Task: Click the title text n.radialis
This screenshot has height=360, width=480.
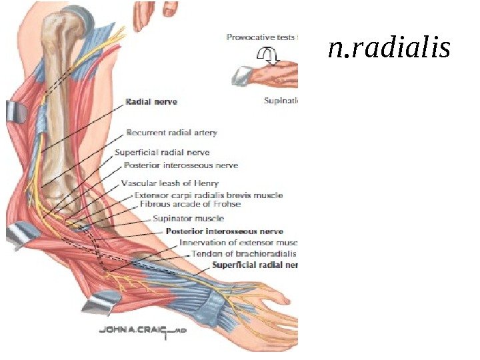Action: click(389, 49)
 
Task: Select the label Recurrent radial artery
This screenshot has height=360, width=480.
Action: click(171, 133)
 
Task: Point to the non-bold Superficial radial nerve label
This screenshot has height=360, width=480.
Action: click(162, 153)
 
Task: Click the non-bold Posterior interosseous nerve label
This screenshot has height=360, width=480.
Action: click(180, 165)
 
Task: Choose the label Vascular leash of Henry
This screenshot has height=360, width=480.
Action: click(169, 183)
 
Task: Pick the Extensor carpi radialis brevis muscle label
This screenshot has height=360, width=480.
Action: click(208, 195)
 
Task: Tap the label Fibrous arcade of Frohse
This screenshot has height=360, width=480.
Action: click(190, 204)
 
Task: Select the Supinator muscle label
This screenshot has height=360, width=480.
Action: click(188, 218)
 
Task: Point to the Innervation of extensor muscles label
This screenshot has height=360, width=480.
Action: click(238, 242)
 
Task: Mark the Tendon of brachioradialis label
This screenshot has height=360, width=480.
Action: click(243, 254)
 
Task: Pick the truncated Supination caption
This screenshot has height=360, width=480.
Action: click(280, 101)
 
